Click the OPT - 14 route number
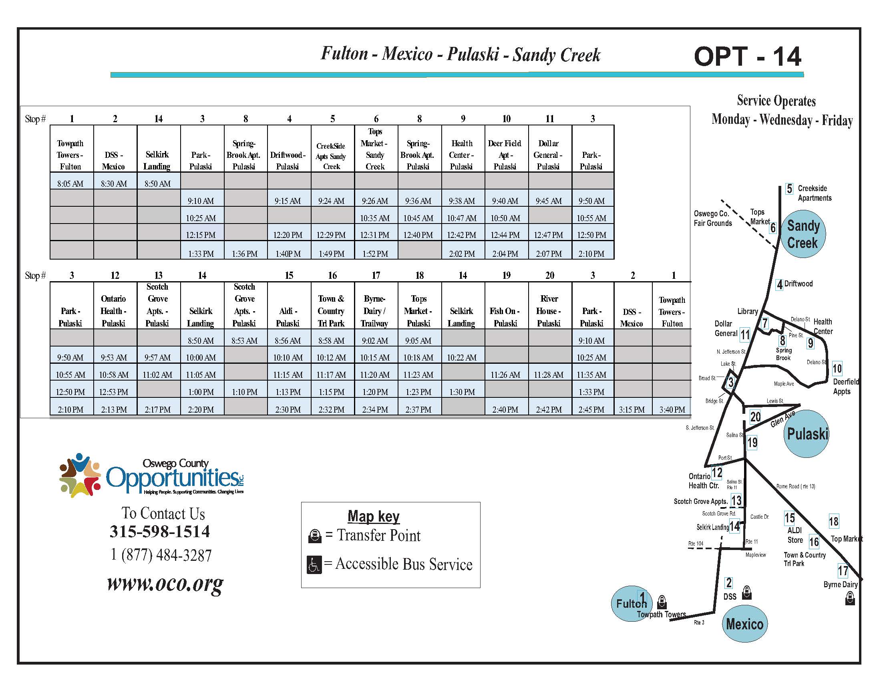pyautogui.click(x=747, y=56)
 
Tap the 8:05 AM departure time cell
pyautogui.click(x=70, y=184)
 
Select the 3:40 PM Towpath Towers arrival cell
pyautogui.click(x=672, y=409)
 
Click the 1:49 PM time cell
pyautogui.click(x=332, y=254)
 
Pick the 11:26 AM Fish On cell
pyautogui.click(x=505, y=375)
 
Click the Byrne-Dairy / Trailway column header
pyautogui.click(x=375, y=311)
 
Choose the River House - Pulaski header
pyautogui.click(x=549, y=311)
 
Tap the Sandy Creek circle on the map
pyautogui.click(x=803, y=234)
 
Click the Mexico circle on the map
pyautogui.click(x=744, y=624)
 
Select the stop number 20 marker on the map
pyautogui.click(x=755, y=417)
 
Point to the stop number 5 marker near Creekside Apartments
pyautogui.click(x=789, y=189)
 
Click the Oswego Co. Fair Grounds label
pyautogui.click(x=713, y=218)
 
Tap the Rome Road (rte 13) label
pyautogui.click(x=795, y=487)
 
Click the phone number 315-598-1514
pyautogui.click(x=160, y=532)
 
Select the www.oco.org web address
pyautogui.click(x=165, y=583)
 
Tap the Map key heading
pyautogui.click(x=374, y=517)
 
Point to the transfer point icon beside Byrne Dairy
pyautogui.click(x=850, y=598)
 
